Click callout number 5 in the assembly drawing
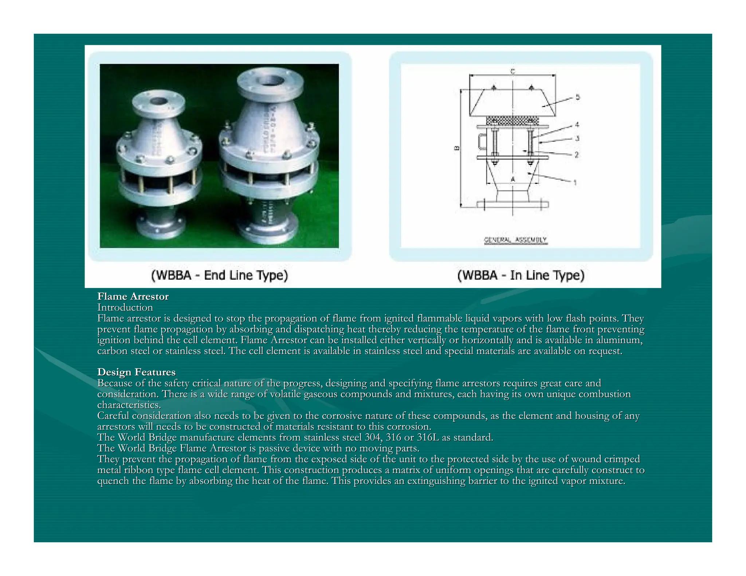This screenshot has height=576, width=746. click(578, 97)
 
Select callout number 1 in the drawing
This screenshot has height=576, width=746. click(575, 182)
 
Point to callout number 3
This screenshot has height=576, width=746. click(577, 138)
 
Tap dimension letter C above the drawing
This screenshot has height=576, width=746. click(513, 71)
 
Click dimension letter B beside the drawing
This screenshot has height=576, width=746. click(456, 148)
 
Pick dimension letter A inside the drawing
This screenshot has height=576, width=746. click(513, 179)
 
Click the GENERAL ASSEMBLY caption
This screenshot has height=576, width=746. click(515, 240)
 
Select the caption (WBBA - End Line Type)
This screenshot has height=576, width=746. click(220, 275)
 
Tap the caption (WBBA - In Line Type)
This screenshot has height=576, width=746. click(521, 275)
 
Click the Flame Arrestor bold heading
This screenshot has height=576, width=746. click(133, 297)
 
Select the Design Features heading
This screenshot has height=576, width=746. click(136, 372)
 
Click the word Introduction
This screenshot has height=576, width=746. click(125, 308)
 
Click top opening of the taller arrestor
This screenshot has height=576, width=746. click(270, 80)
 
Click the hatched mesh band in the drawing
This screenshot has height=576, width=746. click(513, 121)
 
